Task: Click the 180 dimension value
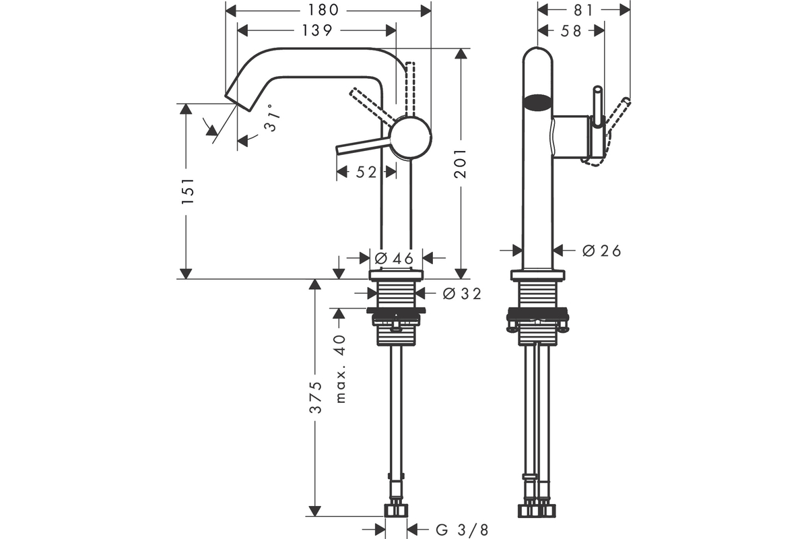pyautogui.click(x=323, y=11)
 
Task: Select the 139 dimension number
pyautogui.click(x=317, y=31)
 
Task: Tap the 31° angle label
pyautogui.click(x=272, y=117)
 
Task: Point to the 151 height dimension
pyautogui.click(x=188, y=191)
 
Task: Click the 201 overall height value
pyautogui.click(x=461, y=163)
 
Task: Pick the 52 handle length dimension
pyautogui.click(x=366, y=172)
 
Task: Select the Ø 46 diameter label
pyautogui.click(x=394, y=259)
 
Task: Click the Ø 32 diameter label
pyautogui.click(x=462, y=294)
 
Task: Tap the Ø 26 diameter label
pyautogui.click(x=602, y=251)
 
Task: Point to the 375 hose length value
pyautogui.click(x=316, y=397)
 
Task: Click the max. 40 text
pyautogui.click(x=340, y=369)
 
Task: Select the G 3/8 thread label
pyautogui.click(x=462, y=530)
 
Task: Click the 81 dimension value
pyautogui.click(x=583, y=11)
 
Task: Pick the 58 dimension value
pyautogui.click(x=571, y=31)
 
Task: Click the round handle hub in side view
pyautogui.click(x=411, y=137)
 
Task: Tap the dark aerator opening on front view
pyautogui.click(x=537, y=102)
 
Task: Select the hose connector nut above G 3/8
pyautogui.click(x=396, y=511)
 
